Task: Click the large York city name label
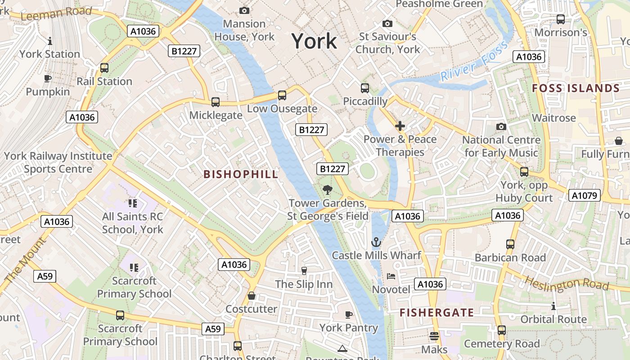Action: click(x=314, y=41)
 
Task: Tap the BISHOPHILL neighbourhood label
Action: click(x=241, y=175)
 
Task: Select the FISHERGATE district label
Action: click(x=436, y=313)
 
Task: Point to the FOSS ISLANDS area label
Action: click(x=576, y=88)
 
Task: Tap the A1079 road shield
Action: click(x=585, y=195)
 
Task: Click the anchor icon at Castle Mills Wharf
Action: click(x=376, y=243)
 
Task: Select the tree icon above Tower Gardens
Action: click(x=328, y=190)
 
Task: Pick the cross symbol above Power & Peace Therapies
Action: click(x=400, y=126)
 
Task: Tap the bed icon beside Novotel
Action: click(x=391, y=276)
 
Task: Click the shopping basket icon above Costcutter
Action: click(x=252, y=296)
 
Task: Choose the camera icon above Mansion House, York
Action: click(x=244, y=10)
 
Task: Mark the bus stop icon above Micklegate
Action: click(x=216, y=102)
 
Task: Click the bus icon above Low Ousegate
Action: click(x=282, y=95)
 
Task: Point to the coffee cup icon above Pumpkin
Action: click(x=48, y=79)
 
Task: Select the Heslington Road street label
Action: click(x=567, y=283)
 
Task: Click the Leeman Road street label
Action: click(x=56, y=13)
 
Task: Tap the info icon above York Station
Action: click(x=49, y=41)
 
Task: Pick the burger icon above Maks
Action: click(x=434, y=336)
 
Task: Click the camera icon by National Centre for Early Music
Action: click(x=501, y=127)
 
